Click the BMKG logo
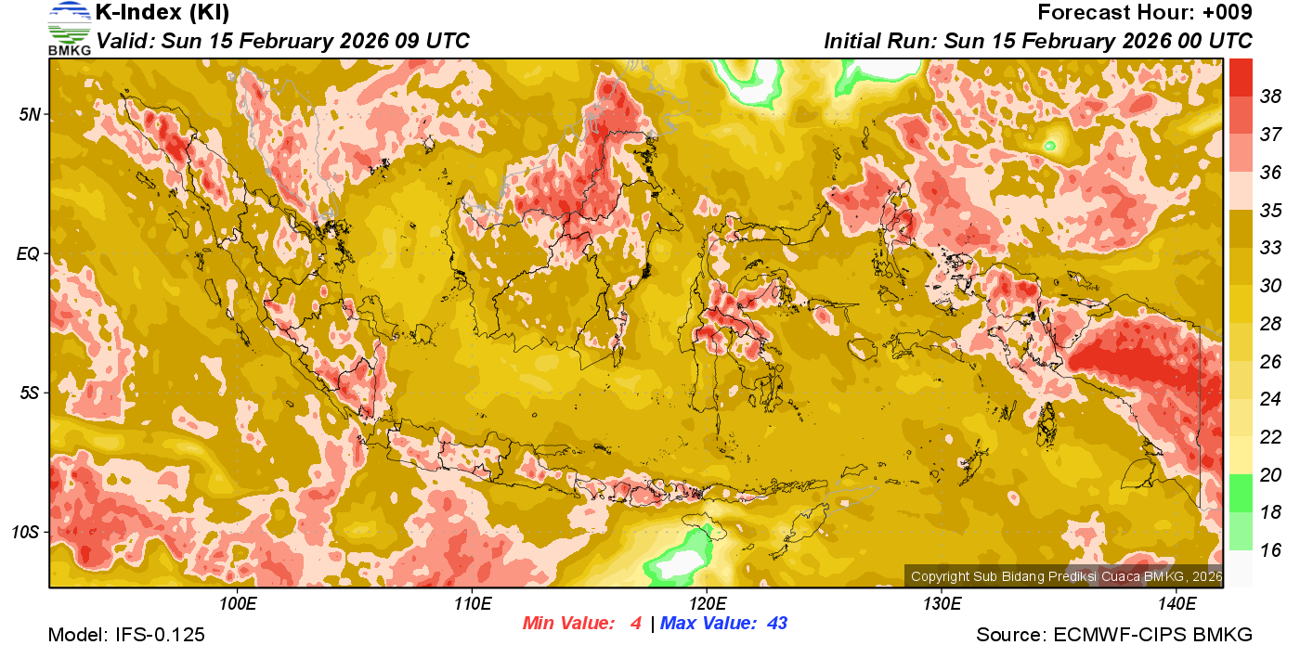69,28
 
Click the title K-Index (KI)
162,13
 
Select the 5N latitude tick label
29,114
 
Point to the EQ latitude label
29,253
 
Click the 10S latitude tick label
26,533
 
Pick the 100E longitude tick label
237,604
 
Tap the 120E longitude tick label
707,604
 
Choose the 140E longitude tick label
1176,604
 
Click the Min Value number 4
635,624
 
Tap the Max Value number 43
777,624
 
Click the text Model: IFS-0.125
126,635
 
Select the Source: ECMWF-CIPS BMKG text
1114,635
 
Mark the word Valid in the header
123,41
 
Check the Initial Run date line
1038,41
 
